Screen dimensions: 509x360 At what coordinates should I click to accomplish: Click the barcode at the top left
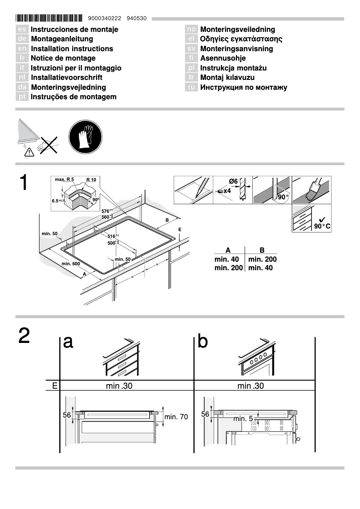49,18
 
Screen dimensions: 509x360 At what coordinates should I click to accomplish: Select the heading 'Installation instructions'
72,48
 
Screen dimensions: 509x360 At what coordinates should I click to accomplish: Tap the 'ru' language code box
192,88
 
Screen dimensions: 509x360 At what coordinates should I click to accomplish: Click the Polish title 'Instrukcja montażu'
233,68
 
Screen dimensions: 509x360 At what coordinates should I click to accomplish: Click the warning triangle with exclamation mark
29,152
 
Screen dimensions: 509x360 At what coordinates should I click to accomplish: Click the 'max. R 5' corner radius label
64,180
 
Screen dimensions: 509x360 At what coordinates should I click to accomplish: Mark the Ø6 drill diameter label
233,180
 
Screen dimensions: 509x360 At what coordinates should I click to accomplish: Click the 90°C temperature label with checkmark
321,224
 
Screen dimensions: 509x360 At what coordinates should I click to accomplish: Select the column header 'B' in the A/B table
262,250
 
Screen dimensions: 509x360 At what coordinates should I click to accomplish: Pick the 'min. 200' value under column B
262,259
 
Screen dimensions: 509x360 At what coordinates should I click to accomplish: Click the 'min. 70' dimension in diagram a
176,417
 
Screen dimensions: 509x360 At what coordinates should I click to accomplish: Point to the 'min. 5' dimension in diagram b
243,419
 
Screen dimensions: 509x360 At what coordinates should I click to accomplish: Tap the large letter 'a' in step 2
68,342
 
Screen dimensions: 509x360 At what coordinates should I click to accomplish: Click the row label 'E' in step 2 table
54,385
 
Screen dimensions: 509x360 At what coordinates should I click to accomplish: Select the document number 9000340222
105,19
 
